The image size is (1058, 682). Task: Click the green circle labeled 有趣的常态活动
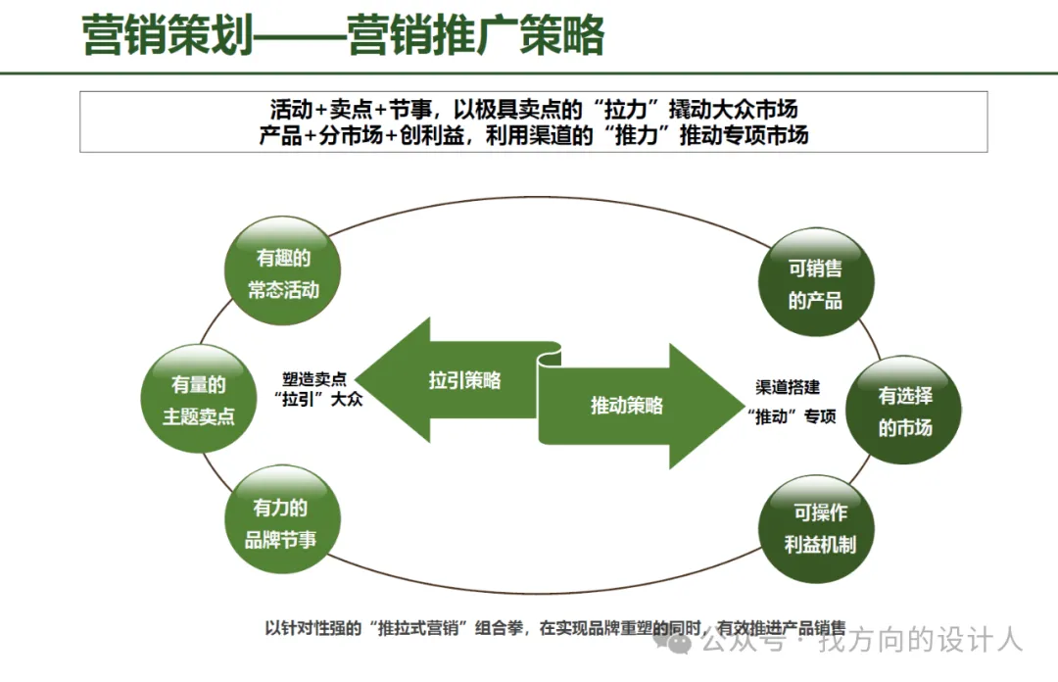pyautogui.click(x=283, y=273)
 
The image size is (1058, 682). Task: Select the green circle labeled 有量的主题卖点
pyautogui.click(x=199, y=400)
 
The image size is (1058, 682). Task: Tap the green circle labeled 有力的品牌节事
pyautogui.click(x=281, y=523)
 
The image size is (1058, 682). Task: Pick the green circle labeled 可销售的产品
pyautogui.click(x=815, y=283)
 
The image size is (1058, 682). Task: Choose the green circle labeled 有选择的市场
pyautogui.click(x=904, y=411)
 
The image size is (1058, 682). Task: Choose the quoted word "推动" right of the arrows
pyautogui.click(x=774, y=416)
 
